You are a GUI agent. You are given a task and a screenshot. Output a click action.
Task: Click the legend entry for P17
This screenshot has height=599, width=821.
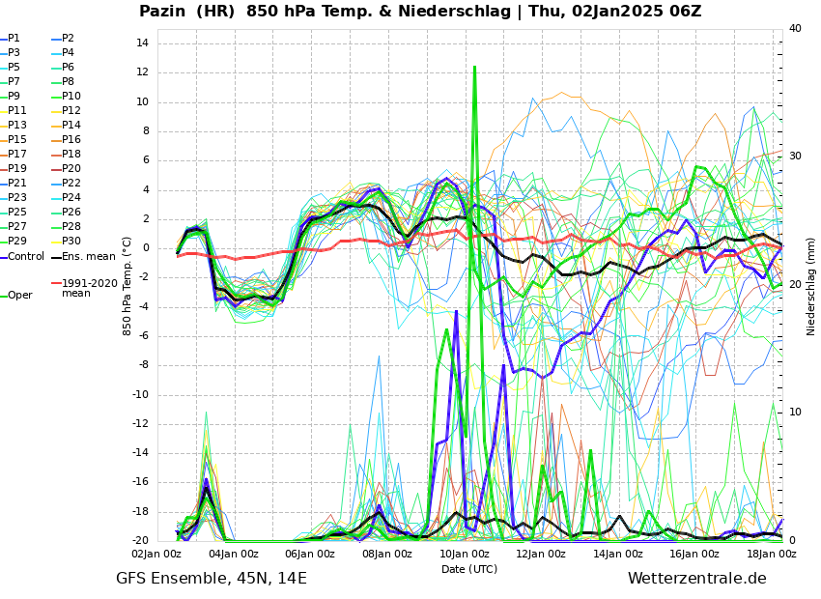[18, 154]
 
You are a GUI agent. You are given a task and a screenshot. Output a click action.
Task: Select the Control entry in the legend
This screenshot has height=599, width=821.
[26, 256]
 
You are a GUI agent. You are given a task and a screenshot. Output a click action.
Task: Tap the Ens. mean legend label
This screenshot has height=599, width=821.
[88, 256]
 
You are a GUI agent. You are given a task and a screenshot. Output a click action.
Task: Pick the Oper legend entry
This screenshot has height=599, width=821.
[19, 295]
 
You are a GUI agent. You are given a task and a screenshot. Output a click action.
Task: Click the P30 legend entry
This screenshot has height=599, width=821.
[71, 241]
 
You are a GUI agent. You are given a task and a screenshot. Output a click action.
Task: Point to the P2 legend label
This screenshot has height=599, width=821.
[68, 38]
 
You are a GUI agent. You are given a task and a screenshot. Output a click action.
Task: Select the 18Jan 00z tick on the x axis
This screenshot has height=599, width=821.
[771, 554]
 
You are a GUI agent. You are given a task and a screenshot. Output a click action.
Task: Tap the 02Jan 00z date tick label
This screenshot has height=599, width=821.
[156, 554]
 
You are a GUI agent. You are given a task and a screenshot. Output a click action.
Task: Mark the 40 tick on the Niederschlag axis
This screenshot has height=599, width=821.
[795, 28]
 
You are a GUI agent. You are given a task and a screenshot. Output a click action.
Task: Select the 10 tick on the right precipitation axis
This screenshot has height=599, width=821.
[795, 413]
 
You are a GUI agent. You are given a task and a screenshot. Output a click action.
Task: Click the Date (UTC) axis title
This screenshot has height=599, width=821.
[469, 569]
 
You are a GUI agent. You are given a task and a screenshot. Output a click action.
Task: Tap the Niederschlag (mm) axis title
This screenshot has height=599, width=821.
[811, 286]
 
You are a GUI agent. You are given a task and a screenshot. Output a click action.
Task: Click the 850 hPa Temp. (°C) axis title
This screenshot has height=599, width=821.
[127, 286]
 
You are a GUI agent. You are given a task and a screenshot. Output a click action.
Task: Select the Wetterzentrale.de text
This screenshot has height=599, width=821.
[696, 579]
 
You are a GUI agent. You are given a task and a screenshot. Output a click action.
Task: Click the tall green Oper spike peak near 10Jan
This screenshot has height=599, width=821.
[474, 68]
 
